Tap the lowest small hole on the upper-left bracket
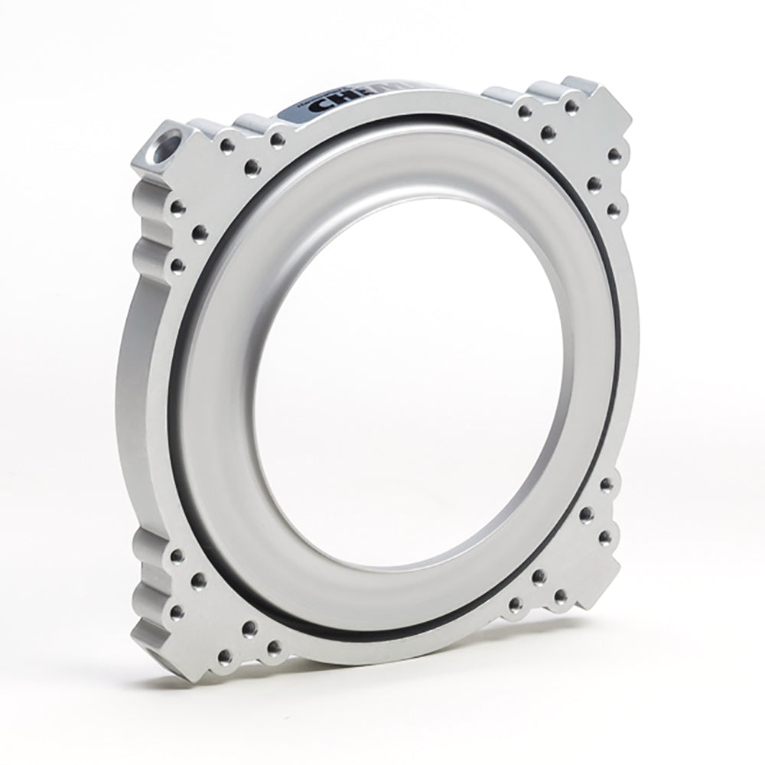click(177, 265)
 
